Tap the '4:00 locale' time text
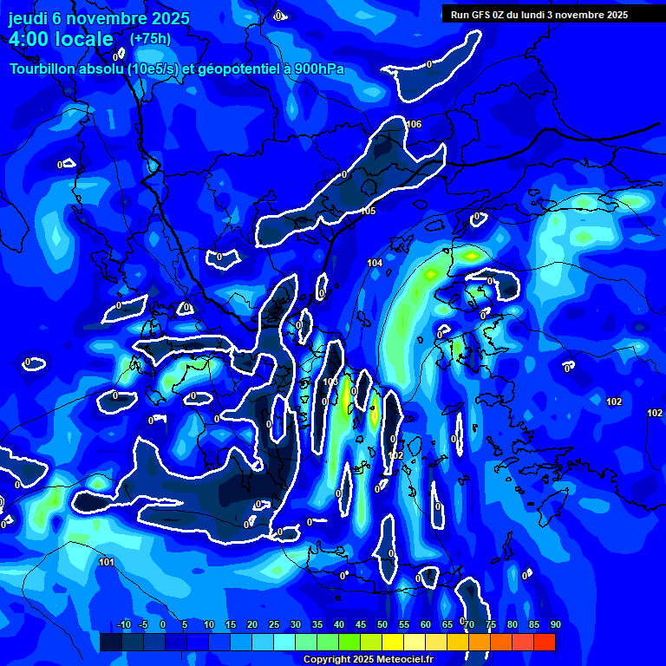61,39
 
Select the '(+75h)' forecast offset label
150,38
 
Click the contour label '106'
414,124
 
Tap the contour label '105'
368,211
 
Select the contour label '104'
375,262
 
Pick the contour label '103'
330,382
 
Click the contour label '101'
106,562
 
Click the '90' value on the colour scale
555,624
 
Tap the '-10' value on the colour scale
123,624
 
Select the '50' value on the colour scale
382,624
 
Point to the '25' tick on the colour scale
274,624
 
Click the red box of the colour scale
545,642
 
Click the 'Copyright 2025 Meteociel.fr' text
368,659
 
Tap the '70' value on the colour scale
469,624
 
